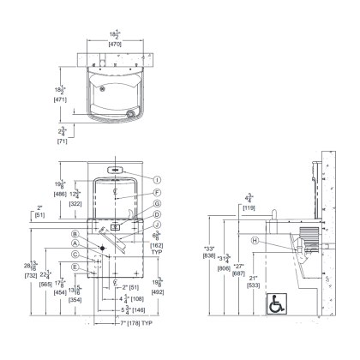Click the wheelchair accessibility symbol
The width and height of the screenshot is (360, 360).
[x=277, y=303]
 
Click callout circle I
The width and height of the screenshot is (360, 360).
[x=158, y=179]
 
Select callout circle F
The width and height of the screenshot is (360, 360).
[x=158, y=194]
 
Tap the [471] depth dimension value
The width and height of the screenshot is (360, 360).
[x=60, y=99]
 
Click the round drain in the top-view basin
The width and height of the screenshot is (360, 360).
[x=130, y=111]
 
